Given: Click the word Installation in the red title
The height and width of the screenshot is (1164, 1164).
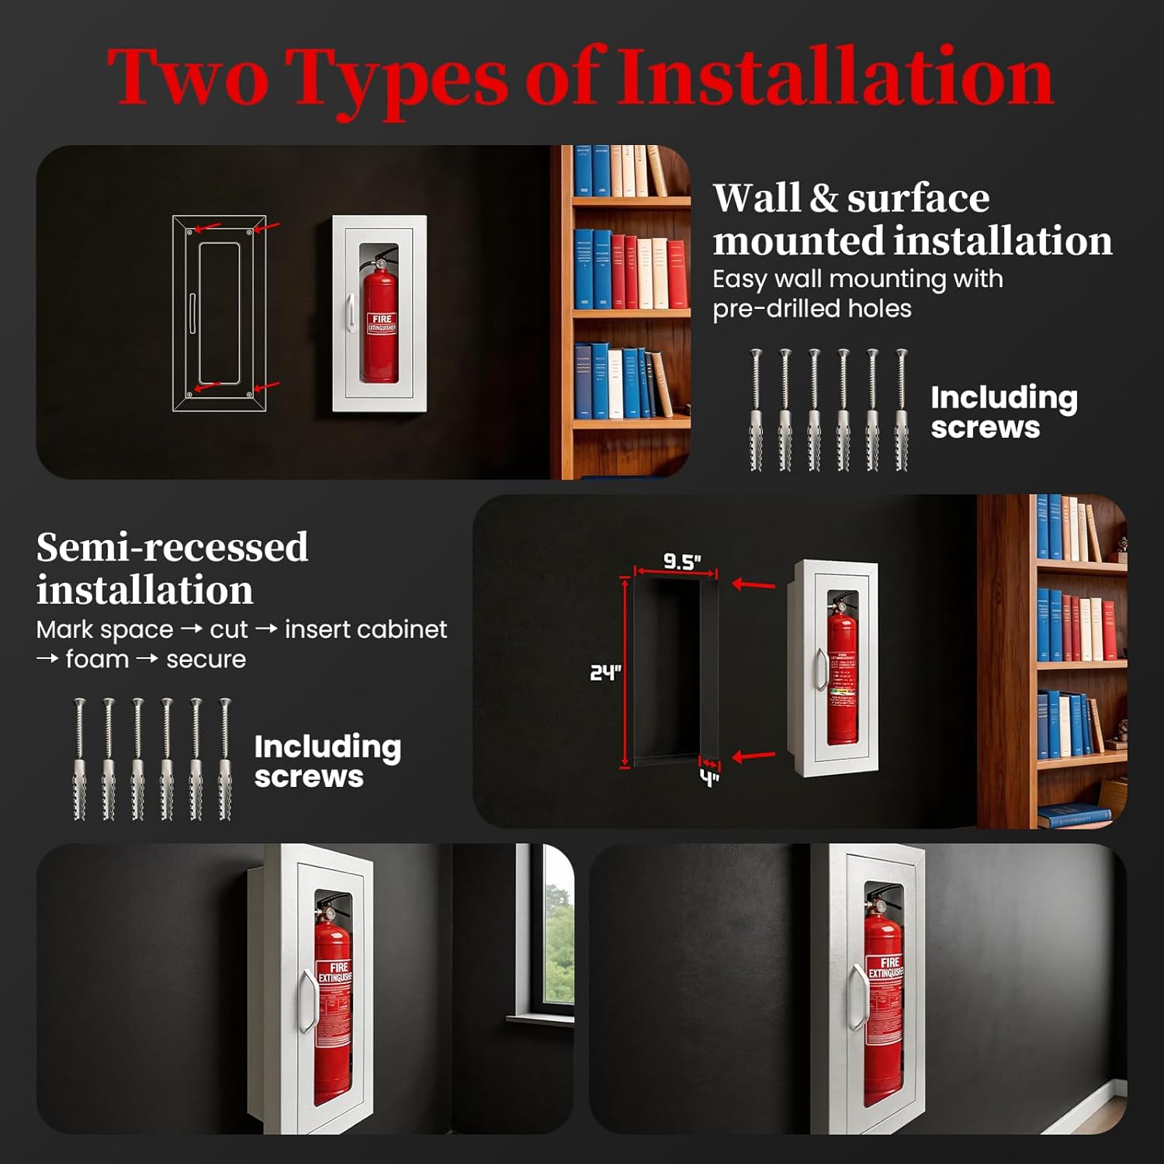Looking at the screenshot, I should click(835, 78).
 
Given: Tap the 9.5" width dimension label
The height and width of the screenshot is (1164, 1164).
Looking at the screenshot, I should click(681, 561).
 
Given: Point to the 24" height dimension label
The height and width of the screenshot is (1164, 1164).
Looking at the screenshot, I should click(605, 672).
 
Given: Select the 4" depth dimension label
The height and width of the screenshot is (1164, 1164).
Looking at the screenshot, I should click(709, 778).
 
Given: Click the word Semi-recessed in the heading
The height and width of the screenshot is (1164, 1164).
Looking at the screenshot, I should click(172, 547).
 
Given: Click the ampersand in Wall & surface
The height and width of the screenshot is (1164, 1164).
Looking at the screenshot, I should click(823, 199).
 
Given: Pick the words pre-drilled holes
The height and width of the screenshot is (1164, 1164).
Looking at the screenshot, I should click(812, 309).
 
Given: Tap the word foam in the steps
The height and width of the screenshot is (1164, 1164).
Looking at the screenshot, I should click(97, 660).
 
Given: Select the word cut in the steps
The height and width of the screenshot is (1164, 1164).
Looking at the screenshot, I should click(229, 629).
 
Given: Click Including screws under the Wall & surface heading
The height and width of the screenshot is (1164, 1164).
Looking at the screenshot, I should click(1003, 412).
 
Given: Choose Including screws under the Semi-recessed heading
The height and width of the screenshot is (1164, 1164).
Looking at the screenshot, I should click(327, 761).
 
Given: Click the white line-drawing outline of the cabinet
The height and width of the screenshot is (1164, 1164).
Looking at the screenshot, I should click(219, 313).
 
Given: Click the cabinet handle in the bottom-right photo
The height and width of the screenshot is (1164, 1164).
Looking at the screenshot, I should click(857, 997).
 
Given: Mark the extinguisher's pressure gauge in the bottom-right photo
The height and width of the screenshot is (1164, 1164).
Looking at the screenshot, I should click(879, 904).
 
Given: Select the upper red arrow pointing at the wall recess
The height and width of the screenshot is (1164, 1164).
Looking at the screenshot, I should click(753, 584).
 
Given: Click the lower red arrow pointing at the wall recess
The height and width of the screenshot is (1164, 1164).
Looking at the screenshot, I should click(753, 755).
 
